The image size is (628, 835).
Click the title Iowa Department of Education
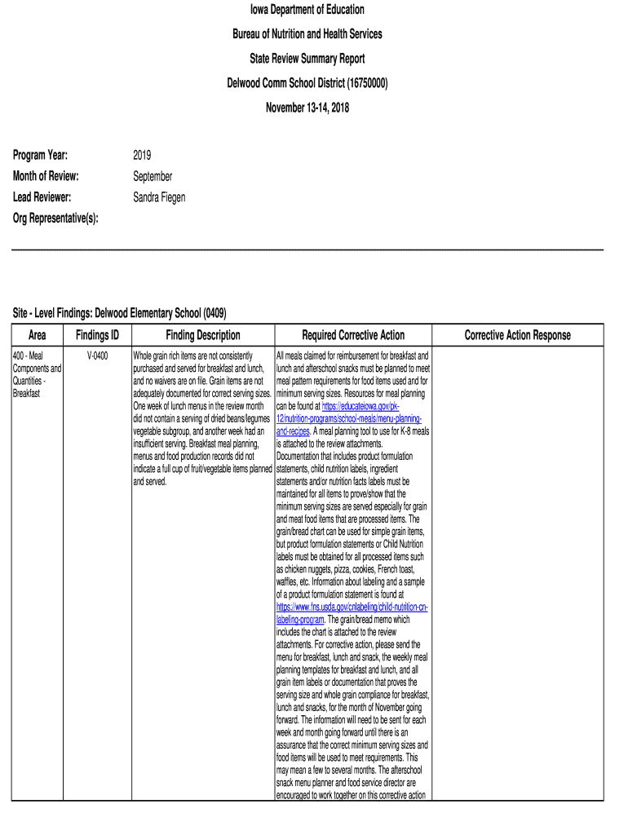[x=307, y=10]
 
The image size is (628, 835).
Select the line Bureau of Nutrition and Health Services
[x=307, y=34]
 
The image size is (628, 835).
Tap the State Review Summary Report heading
[x=307, y=59]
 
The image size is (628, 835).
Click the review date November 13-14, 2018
[x=307, y=108]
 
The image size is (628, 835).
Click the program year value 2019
[x=142, y=156]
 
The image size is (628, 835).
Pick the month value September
[x=153, y=176]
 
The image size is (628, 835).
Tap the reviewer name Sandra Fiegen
[x=159, y=197]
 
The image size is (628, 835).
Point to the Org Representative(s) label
[x=55, y=218]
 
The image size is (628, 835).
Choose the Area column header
[x=38, y=335]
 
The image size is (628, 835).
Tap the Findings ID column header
[x=98, y=335]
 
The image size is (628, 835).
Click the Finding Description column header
[x=203, y=335]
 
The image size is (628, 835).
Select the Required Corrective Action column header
[x=353, y=335]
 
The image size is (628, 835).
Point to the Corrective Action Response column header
[x=518, y=335]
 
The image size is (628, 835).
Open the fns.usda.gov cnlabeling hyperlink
[x=352, y=608]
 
